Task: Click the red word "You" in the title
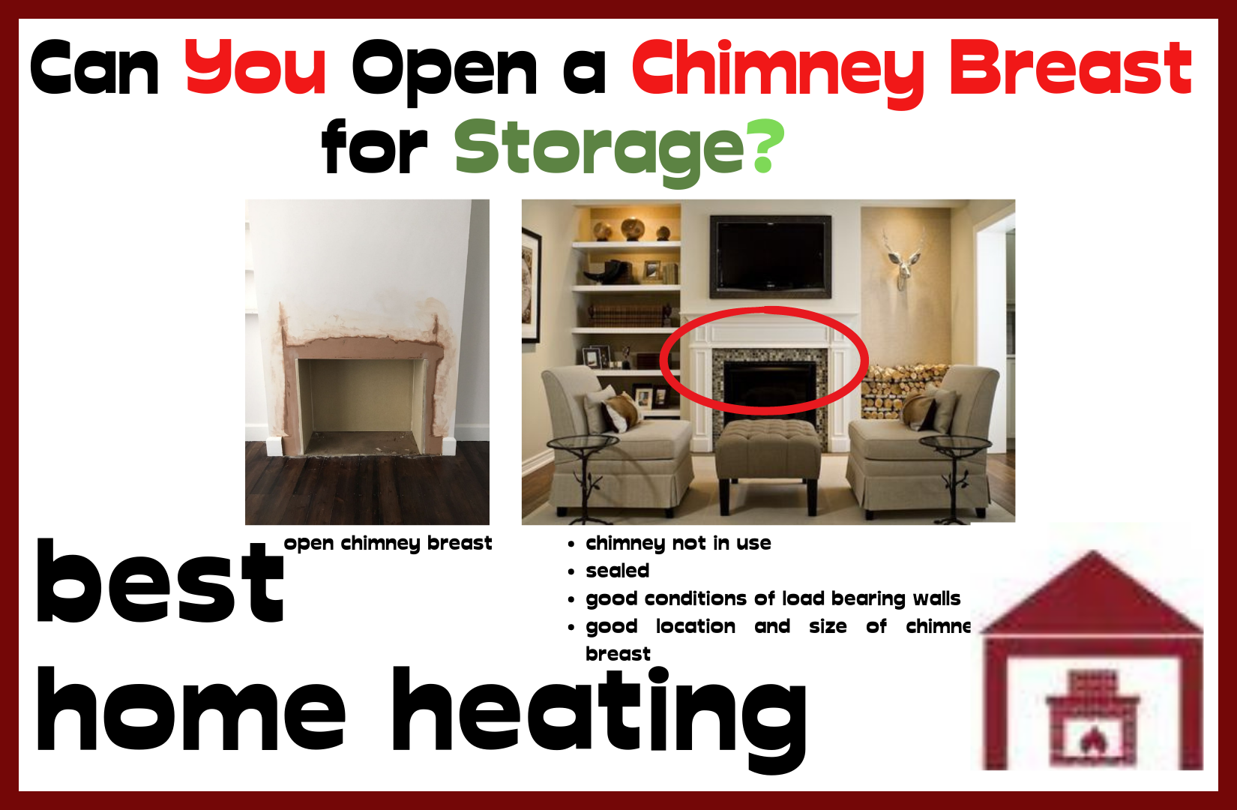pos(256,68)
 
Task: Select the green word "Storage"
pos(599,148)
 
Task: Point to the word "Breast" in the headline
pos(1070,68)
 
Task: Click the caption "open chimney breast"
pos(388,543)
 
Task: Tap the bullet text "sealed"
pos(617,571)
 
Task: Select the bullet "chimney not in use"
pos(678,543)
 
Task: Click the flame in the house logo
pos(1092,740)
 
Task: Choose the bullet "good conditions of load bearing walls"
pos(772,598)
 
